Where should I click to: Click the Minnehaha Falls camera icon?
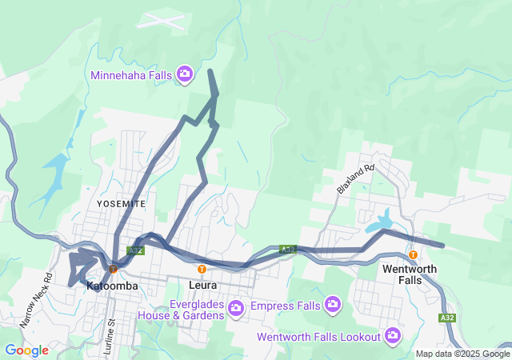tap(185, 74)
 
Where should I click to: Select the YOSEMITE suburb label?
tap(122, 204)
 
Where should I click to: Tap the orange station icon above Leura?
tap(202, 270)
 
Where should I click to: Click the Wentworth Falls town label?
tap(410, 274)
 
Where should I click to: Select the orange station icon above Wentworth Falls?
tap(413, 255)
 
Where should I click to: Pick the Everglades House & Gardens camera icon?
tap(235, 307)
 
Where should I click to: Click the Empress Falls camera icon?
tap(333, 304)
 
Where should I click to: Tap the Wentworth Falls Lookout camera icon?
tap(392, 334)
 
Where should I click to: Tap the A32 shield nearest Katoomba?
tap(136, 250)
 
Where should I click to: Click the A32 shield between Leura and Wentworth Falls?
tap(288, 250)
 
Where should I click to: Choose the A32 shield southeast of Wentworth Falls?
tap(450, 318)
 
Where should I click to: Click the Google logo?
tap(26, 350)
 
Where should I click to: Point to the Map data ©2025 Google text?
tap(462, 354)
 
